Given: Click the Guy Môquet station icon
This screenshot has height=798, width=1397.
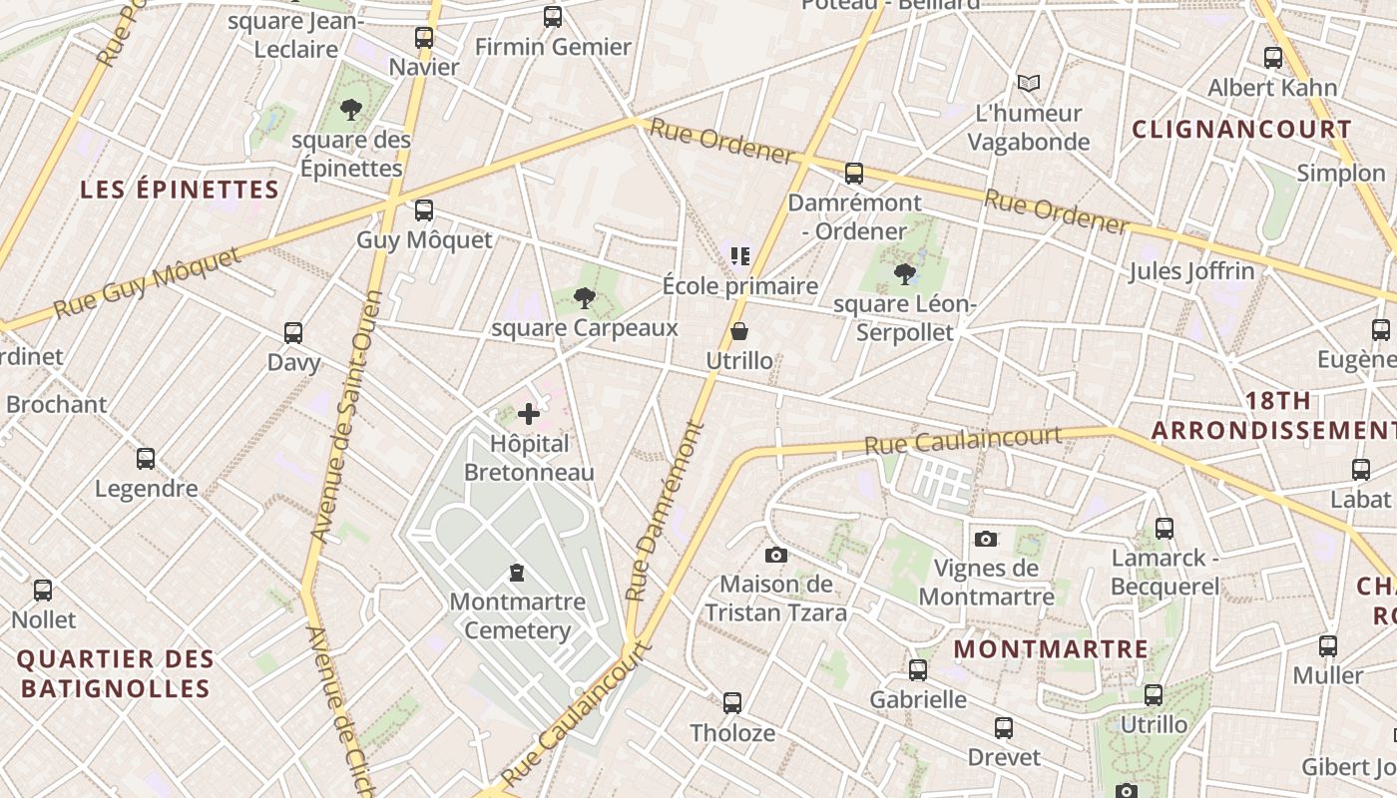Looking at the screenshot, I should tap(424, 210).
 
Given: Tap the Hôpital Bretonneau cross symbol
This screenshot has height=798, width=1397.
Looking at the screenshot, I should tap(529, 414).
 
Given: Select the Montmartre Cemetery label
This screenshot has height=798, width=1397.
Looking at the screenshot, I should tap(517, 616).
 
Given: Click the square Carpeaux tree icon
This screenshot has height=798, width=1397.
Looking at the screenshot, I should tap(585, 297).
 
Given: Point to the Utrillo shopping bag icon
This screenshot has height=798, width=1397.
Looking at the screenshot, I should tap(739, 331).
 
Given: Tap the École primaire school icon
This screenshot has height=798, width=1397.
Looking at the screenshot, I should tap(739, 256).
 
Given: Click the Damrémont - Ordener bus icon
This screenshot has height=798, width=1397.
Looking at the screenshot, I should tap(854, 174).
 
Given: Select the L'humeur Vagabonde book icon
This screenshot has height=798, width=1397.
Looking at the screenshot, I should tap(1029, 84).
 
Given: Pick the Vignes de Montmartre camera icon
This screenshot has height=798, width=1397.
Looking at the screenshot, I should tap(986, 539).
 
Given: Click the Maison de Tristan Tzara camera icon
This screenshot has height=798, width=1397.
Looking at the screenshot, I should tap(776, 555).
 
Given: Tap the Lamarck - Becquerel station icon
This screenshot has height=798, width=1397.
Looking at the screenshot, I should tap(1164, 529).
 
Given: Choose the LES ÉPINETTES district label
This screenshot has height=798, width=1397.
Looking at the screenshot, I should tap(180, 190).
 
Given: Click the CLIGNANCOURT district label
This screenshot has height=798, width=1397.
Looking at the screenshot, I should tap(1242, 130).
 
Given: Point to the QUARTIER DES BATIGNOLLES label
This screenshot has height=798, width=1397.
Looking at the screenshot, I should tap(116, 673).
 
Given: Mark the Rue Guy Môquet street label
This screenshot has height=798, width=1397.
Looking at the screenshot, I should tap(148, 284).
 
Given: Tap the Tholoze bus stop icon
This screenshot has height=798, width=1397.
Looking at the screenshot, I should tap(732, 703).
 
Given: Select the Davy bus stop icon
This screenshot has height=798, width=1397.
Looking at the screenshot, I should tap(293, 333).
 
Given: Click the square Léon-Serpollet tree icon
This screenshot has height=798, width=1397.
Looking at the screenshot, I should tap(905, 273).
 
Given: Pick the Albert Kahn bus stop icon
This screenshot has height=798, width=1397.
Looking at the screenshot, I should tap(1273, 58).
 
